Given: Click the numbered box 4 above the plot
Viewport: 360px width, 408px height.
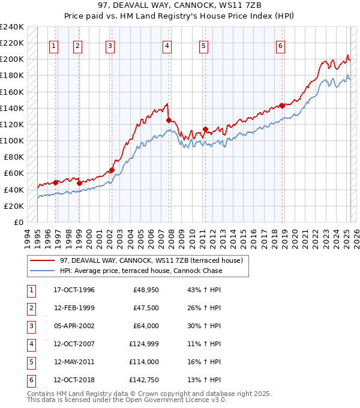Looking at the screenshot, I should (x=167, y=46).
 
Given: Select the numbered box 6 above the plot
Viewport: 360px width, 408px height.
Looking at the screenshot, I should (x=280, y=46).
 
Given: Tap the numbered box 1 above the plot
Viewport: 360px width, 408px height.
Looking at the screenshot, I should (x=54, y=46).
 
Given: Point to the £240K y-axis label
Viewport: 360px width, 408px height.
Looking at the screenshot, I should (x=12, y=27).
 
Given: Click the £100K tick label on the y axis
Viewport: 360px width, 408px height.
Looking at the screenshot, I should (x=12, y=140).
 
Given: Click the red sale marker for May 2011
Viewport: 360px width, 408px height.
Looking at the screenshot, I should (x=205, y=129).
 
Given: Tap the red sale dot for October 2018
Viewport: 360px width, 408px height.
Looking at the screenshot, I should (x=282, y=106).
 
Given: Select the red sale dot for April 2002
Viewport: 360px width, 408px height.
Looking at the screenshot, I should (x=112, y=170).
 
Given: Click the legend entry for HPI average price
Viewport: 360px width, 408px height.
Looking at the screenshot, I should (x=140, y=271).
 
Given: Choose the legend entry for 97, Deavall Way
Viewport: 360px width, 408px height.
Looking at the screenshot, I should (x=150, y=260).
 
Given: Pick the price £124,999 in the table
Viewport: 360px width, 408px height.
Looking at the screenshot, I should (x=143, y=344).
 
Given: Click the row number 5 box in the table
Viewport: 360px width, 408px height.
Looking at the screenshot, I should (x=31, y=362).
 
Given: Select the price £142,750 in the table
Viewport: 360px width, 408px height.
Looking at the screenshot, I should (x=143, y=380).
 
